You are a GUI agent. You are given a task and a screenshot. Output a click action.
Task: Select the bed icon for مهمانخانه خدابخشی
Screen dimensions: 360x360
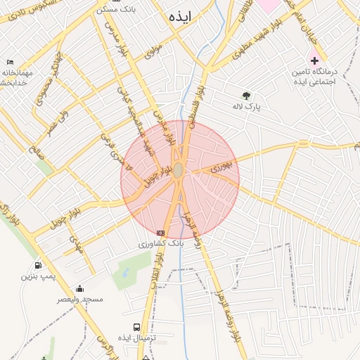[8, 63]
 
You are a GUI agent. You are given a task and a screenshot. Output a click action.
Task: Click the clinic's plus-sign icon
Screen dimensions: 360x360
[314, 60]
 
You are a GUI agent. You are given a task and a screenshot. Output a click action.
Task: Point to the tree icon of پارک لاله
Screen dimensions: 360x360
[246, 96]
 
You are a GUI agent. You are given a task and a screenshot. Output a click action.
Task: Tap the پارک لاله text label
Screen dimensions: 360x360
[247, 107]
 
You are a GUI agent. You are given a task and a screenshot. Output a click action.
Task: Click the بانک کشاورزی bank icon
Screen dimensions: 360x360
[160, 233]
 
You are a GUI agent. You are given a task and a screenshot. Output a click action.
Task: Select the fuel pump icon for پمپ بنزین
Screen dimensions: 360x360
[37, 265]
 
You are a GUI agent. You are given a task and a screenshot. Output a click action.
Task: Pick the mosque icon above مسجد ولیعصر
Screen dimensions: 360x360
[79, 288]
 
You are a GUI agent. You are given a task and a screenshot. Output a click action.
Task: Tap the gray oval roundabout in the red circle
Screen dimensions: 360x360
[179, 171]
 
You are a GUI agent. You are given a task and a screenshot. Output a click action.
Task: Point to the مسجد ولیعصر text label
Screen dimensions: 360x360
[82, 300]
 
